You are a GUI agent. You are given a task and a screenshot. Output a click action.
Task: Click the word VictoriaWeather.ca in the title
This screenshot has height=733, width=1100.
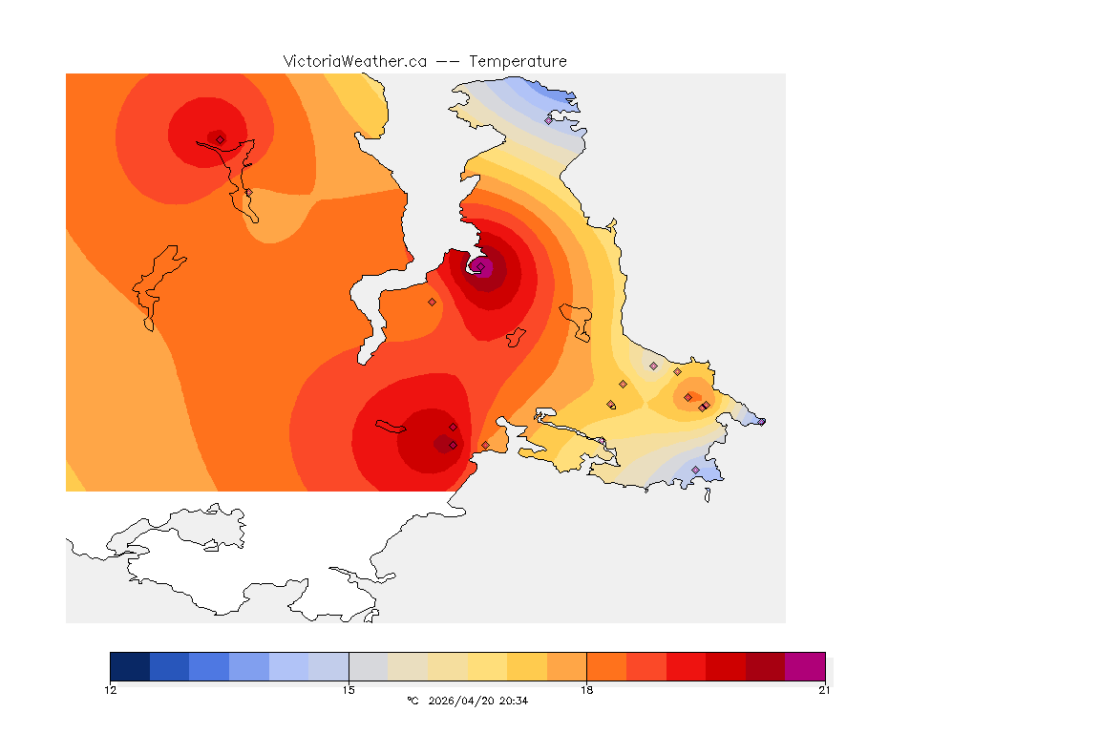click(354, 61)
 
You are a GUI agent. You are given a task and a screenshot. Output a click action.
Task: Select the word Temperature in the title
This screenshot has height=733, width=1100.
click(518, 61)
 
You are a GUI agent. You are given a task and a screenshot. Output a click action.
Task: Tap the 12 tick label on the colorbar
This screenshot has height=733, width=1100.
click(111, 690)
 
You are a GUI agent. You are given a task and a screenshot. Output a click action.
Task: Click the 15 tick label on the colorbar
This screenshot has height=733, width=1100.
click(349, 690)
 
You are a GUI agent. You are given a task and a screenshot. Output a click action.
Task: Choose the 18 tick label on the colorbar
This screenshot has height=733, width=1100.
click(586, 690)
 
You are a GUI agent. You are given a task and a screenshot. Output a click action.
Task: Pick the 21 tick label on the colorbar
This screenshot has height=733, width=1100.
click(824, 690)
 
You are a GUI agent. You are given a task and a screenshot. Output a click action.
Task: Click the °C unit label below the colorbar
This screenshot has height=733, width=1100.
click(412, 701)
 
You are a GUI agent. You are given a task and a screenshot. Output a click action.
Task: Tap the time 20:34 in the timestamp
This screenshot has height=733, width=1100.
click(515, 701)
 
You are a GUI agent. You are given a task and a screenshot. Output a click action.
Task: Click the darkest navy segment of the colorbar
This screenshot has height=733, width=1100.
click(130, 666)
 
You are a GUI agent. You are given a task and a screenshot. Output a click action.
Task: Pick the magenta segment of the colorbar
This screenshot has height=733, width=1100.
click(805, 666)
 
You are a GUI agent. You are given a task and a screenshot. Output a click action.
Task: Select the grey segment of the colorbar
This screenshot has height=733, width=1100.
click(369, 666)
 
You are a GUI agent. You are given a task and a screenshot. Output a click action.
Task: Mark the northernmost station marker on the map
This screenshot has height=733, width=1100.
click(549, 120)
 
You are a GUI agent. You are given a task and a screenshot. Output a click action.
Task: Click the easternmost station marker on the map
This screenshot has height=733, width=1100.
click(761, 421)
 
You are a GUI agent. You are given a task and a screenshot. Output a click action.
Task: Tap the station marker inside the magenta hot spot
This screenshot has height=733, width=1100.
click(481, 266)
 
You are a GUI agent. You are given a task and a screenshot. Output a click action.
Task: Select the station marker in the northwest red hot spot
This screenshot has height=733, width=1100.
click(220, 139)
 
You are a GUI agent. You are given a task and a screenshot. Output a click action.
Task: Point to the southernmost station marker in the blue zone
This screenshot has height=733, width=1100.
click(695, 470)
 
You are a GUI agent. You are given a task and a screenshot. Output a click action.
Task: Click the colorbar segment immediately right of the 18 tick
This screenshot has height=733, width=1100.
click(606, 666)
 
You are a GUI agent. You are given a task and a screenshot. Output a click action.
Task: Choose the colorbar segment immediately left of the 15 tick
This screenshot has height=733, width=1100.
click(328, 666)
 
